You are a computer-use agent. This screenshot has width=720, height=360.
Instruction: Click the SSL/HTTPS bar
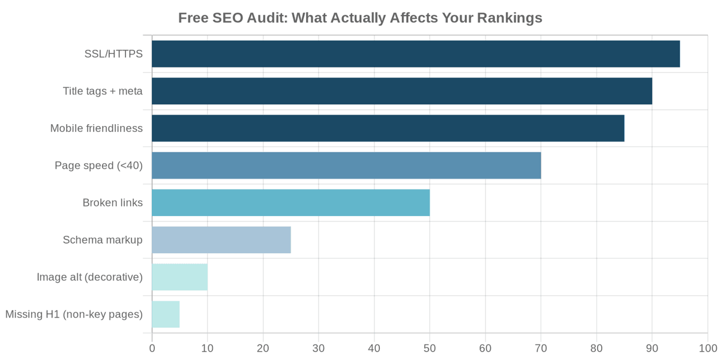tap(416, 54)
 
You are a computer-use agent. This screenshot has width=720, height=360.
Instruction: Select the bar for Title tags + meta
tap(402, 91)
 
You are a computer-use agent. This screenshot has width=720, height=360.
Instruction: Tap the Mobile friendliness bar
tap(388, 128)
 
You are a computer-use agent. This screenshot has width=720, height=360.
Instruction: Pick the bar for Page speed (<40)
tap(346, 166)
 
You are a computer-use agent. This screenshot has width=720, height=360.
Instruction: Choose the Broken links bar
tap(291, 203)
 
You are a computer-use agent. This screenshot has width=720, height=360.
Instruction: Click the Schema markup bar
tap(221, 240)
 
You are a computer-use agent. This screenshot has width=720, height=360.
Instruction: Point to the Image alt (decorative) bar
tap(180, 277)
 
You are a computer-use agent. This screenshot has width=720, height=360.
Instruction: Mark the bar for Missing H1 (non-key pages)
tap(166, 314)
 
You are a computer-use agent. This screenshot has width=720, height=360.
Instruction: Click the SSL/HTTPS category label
tap(113, 54)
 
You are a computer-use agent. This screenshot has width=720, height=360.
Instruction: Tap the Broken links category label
tap(112, 203)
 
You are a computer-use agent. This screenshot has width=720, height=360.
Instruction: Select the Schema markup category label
tap(103, 240)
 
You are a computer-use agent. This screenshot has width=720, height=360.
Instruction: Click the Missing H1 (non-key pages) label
tap(74, 314)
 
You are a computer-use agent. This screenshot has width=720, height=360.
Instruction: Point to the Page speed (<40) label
tap(98, 166)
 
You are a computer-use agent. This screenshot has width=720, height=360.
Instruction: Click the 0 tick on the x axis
tap(152, 348)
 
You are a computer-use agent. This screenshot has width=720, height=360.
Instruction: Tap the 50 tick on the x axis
tap(430, 348)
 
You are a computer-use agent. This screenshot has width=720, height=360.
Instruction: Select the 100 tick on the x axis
tap(708, 348)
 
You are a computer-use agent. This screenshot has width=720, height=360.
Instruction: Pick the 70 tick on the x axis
tap(541, 348)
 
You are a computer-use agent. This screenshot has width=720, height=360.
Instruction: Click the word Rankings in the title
tap(509, 18)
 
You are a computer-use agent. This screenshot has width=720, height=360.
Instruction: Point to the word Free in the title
tap(193, 18)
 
